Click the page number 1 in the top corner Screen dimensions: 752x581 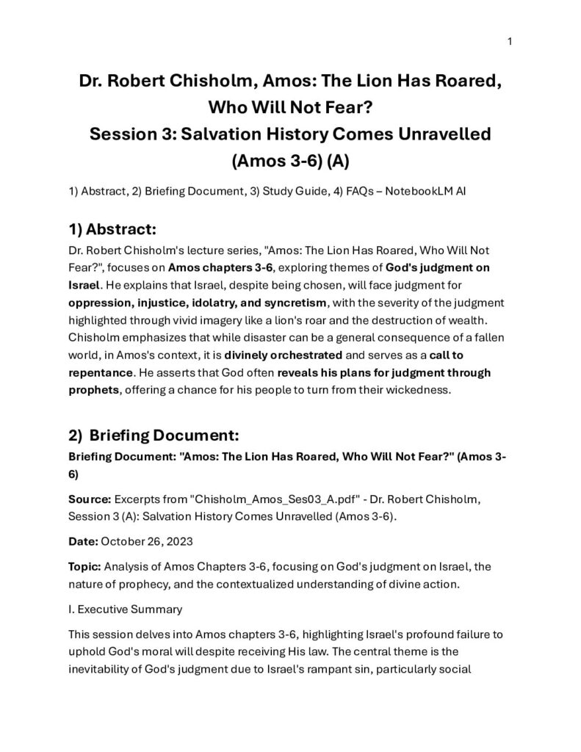(x=510, y=41)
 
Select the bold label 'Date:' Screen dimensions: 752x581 (x=82, y=543)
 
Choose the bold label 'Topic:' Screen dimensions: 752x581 (x=84, y=570)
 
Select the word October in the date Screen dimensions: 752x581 (x=123, y=543)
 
